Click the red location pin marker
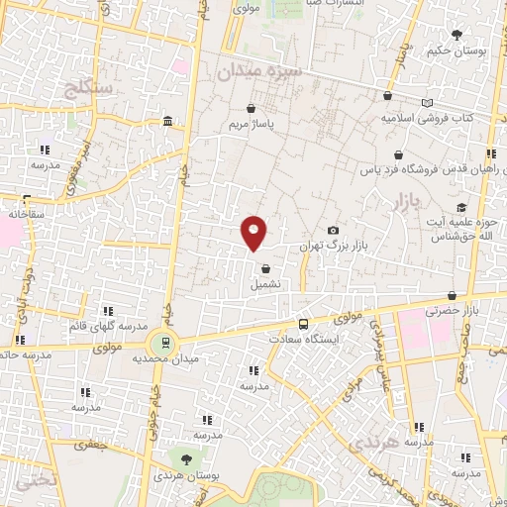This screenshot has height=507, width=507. point(254,232)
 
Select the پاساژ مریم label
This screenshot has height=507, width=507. point(251,125)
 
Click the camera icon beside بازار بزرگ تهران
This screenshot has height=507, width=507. point(333,230)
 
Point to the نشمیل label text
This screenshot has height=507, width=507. point(265,283)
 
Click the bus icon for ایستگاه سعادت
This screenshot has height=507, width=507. point(303,323)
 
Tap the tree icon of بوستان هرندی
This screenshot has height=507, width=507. point(185,457)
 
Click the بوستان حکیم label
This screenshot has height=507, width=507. point(457,50)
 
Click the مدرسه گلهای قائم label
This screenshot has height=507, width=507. point(108,326)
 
